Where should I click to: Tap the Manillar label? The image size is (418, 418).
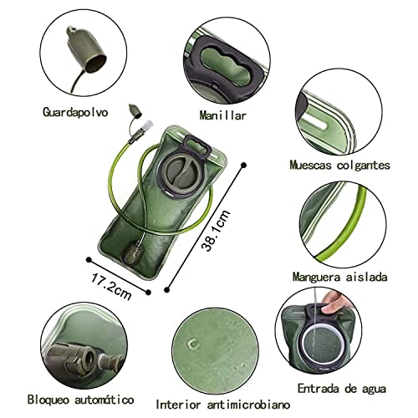[223, 115]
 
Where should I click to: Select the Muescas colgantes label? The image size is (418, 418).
[350, 165]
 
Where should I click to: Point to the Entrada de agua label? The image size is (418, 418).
[343, 389]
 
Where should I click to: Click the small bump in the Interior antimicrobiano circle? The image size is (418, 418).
[194, 344]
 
